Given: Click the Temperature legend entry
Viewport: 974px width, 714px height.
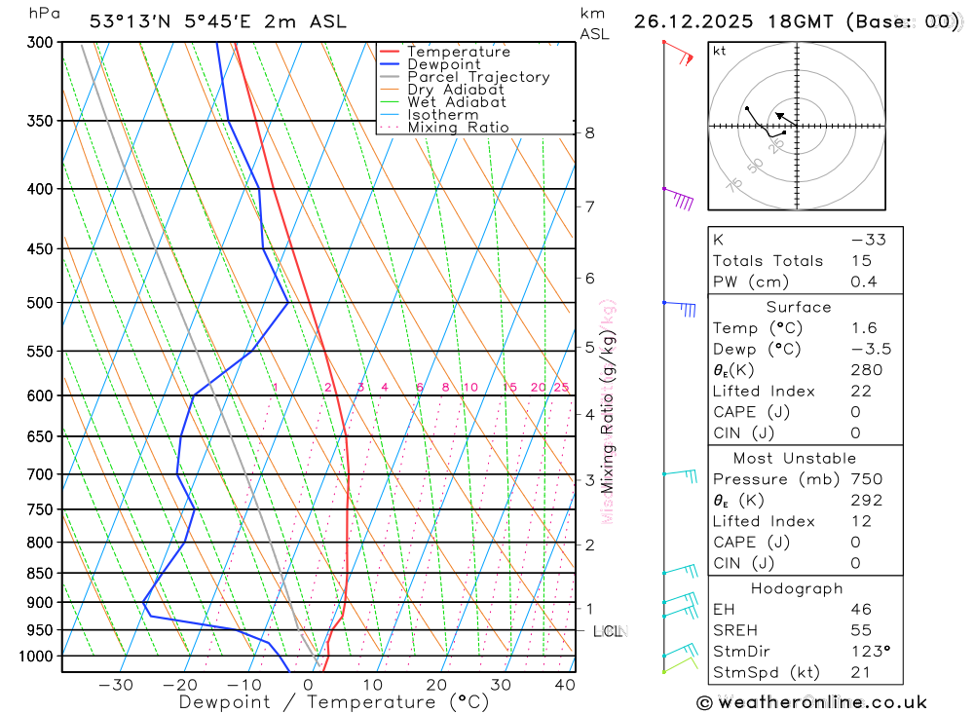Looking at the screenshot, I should point(458,52).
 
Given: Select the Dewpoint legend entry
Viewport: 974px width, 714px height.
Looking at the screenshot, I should point(443,64).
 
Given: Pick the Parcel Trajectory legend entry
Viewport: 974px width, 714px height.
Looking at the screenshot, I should point(478,77).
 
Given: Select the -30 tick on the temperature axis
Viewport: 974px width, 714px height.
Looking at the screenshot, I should point(116,685).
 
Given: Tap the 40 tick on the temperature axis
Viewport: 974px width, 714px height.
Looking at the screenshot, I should point(564,685).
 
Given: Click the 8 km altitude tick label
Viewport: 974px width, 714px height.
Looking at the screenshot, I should point(590,132).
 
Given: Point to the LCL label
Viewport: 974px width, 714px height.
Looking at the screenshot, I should point(608,631).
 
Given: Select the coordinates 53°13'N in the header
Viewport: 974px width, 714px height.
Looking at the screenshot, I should point(130,21).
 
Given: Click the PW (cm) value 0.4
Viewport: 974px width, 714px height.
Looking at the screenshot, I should point(864,282).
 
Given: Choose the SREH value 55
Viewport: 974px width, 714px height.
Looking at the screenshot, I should point(861,630).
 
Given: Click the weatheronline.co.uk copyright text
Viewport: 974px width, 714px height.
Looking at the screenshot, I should point(811,702).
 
